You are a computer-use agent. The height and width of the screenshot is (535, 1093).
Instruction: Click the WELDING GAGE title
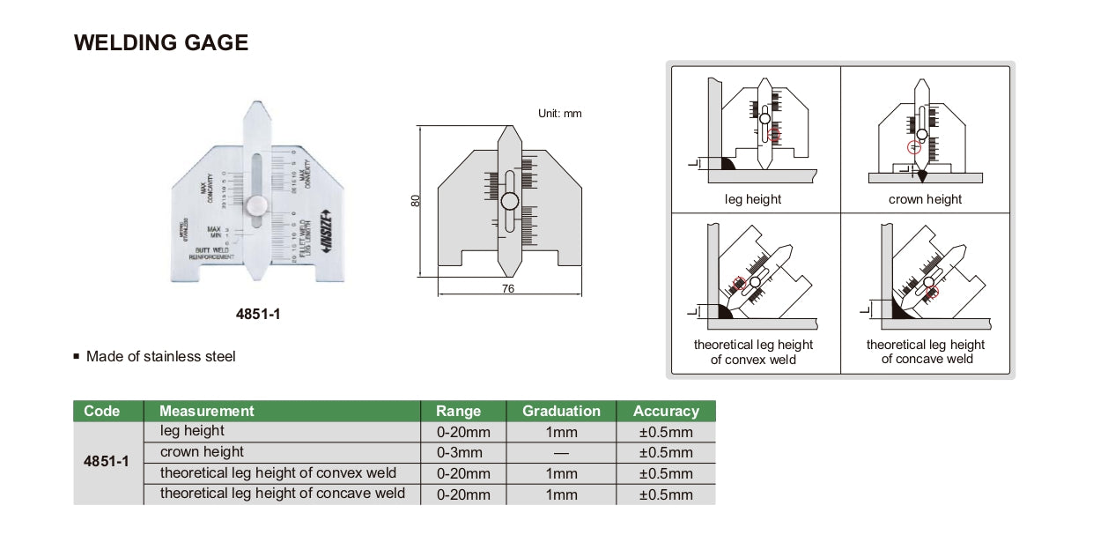[161, 42]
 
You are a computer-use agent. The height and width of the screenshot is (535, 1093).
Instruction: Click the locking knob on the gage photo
[256, 205]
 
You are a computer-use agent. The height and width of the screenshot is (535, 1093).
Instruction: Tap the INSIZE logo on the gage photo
[323, 234]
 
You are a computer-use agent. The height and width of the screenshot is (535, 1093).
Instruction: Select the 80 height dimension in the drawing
[416, 200]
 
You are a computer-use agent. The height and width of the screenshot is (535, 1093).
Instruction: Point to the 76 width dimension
[508, 288]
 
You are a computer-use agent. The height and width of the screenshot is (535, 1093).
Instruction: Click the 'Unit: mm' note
[559, 114]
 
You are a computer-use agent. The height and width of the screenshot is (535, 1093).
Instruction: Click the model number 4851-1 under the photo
[259, 314]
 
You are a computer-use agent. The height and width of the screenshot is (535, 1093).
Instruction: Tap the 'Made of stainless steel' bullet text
[160, 357]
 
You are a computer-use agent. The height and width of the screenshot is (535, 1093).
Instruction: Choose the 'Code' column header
[101, 411]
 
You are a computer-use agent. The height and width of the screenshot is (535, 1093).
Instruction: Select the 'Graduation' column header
[561, 411]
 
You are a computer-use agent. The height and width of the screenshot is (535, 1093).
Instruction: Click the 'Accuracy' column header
[666, 411]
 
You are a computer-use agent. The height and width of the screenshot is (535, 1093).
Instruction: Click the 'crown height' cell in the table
[202, 452]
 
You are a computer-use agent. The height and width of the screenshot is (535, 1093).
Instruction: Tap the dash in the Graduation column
[561, 453]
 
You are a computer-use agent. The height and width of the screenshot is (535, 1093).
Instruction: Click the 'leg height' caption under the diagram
[752, 199]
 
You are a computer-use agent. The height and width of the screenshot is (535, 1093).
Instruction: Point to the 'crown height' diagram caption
[925, 199]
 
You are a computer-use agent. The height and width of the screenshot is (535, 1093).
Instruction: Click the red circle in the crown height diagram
[913, 146]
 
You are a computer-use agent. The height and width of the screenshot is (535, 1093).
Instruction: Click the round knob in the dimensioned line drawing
[510, 201]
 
